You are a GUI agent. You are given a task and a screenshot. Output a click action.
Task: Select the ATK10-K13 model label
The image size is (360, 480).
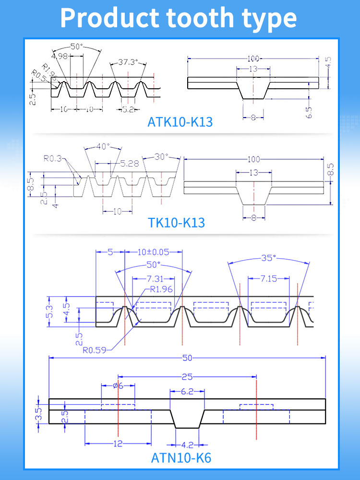180,122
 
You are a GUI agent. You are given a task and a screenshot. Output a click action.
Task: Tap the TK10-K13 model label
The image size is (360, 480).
176,223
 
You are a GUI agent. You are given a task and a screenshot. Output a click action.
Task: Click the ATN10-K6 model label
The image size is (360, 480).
181,458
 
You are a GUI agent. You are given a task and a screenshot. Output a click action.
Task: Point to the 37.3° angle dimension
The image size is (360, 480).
128,62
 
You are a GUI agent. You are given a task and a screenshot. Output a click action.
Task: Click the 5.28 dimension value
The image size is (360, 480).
129,164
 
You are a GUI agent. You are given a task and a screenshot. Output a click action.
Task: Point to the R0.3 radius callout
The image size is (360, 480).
52,159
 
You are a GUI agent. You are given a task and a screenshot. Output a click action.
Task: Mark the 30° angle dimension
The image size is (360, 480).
162,156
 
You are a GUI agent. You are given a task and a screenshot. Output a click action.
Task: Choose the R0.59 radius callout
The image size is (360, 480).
95,350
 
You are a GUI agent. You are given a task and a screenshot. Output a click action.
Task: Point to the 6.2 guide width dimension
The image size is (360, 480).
187,391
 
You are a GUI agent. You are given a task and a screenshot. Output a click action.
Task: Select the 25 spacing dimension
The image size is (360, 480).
187,377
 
